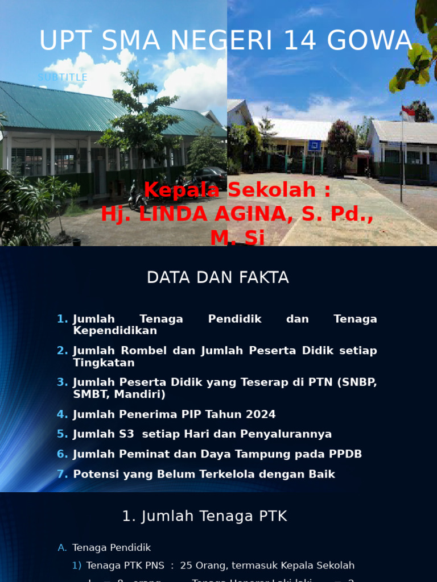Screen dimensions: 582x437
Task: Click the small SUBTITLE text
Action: pos(63,77)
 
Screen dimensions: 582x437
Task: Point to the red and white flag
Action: pos(407,113)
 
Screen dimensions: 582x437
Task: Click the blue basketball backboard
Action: pos(314,145)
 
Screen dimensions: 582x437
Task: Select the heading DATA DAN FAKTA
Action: pos(218,277)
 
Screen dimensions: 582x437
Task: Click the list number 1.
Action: pos(61,319)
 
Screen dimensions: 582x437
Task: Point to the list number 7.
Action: pos(61,474)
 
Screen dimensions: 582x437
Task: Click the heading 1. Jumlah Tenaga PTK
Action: pos(205,516)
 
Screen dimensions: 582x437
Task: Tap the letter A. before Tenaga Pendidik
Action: pos(62,548)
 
